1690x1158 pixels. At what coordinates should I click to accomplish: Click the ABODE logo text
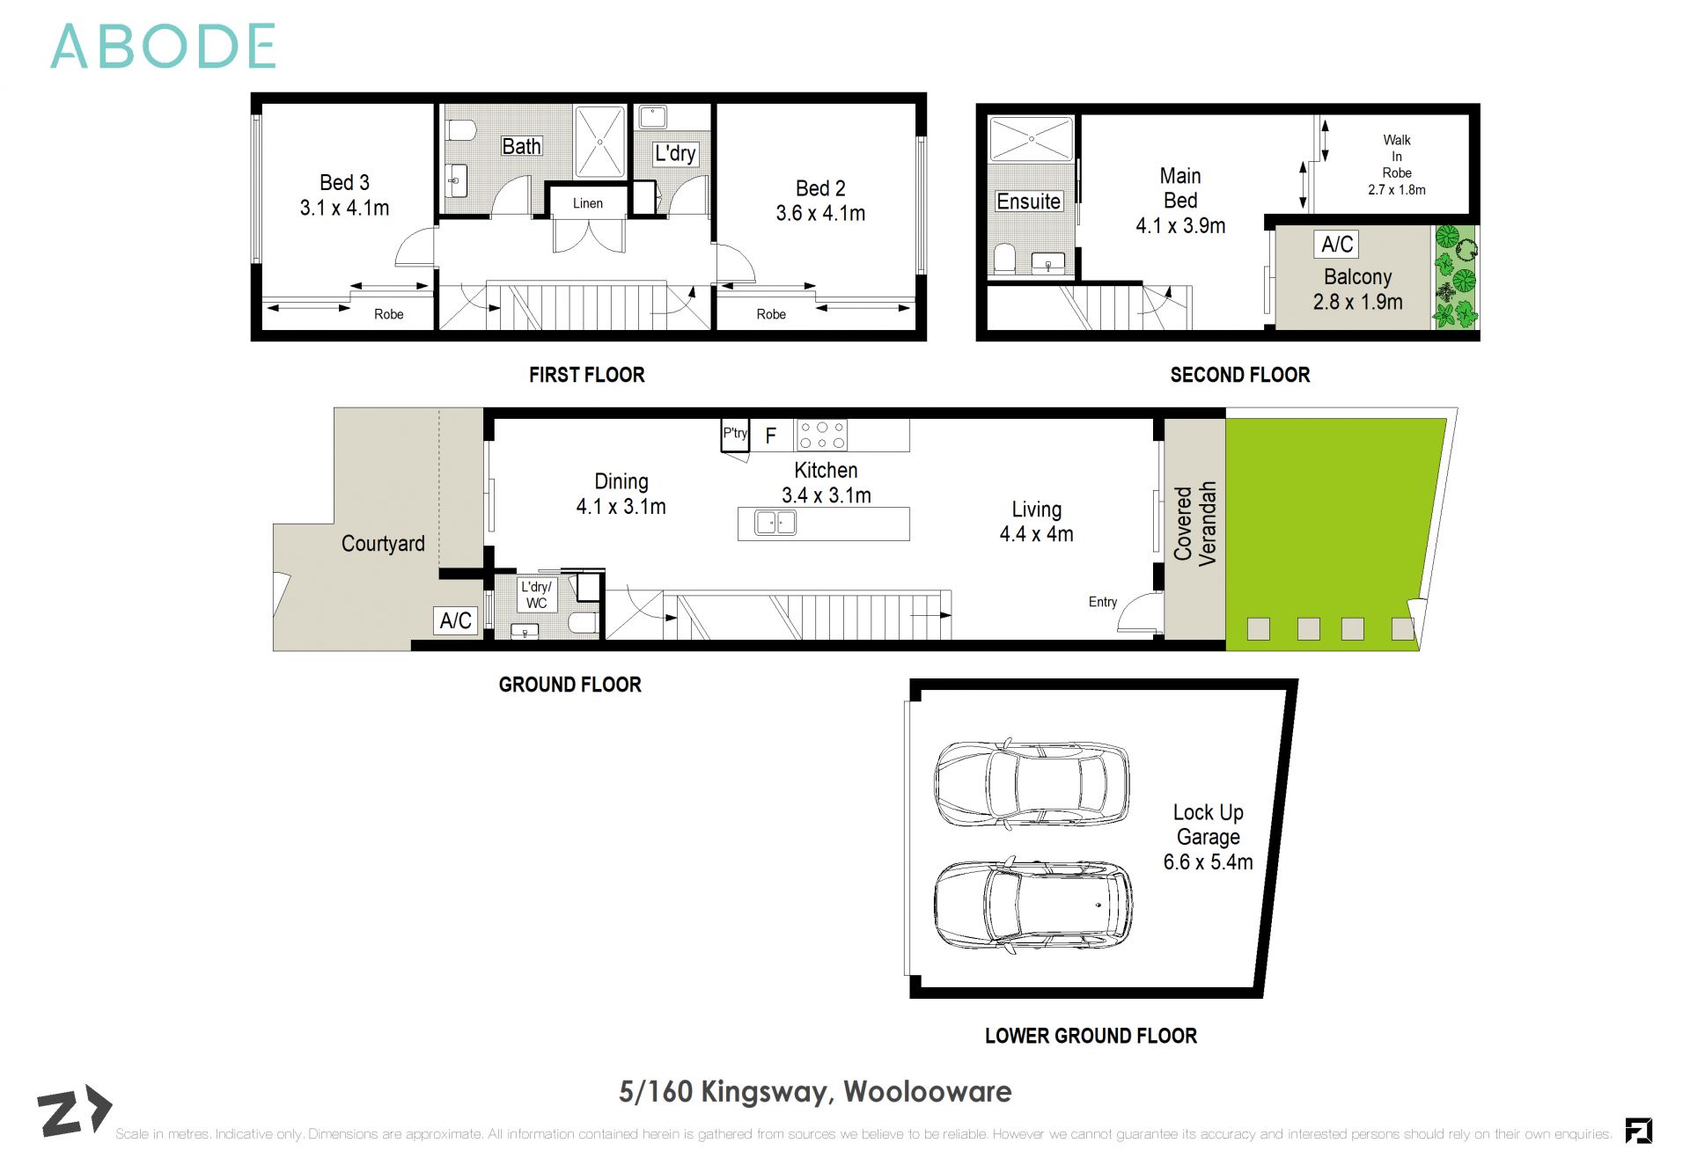point(163,47)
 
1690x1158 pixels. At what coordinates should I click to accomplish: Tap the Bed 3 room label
point(344,183)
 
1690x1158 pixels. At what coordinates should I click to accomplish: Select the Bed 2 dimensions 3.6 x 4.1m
point(820,214)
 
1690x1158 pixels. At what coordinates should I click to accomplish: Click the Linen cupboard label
point(588,203)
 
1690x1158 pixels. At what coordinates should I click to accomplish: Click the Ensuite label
point(1028,202)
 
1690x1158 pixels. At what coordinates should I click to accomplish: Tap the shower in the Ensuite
point(1032,139)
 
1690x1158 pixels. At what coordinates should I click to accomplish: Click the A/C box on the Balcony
point(1337,244)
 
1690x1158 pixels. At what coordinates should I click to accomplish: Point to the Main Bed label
point(1180,188)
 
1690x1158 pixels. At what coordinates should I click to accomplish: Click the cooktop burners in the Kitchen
point(821,435)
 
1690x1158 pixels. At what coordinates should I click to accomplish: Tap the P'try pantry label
point(735,433)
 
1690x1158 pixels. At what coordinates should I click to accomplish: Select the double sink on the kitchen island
point(775,523)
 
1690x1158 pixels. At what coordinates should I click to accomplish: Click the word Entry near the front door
point(1103,602)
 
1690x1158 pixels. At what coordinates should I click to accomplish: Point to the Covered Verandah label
point(1194,523)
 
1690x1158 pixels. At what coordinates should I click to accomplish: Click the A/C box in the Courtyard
point(456,620)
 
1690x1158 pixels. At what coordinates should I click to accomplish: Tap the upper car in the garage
point(1031,782)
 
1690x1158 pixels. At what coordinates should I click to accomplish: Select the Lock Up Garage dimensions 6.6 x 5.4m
point(1208,862)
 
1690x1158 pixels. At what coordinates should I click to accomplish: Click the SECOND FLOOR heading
point(1239,375)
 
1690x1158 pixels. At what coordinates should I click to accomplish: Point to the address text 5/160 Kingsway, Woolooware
point(815,1092)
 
